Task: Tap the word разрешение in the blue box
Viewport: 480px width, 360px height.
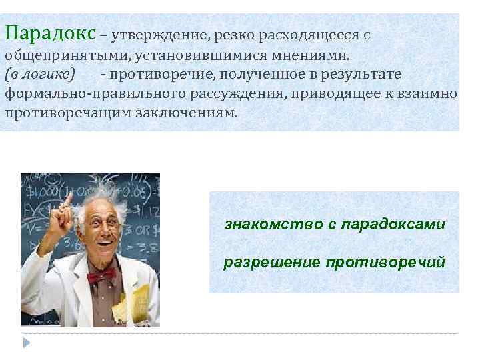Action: click(269, 261)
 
